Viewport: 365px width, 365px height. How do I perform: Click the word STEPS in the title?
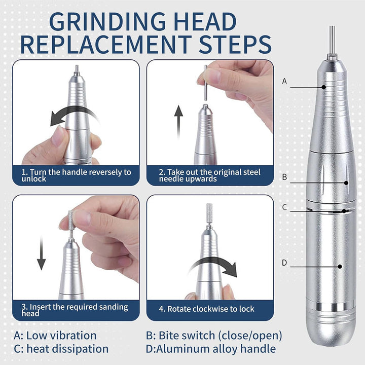click(x=235, y=44)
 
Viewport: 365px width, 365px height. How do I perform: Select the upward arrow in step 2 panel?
click(x=178, y=122)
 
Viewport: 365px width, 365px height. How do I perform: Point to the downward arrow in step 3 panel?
click(x=41, y=253)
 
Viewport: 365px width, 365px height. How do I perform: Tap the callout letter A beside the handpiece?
click(x=284, y=81)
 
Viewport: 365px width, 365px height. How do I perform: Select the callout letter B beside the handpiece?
click(x=284, y=177)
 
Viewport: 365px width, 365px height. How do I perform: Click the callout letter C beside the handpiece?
click(x=284, y=207)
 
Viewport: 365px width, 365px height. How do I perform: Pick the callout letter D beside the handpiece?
click(x=284, y=263)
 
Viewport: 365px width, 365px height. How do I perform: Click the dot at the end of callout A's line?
click(x=323, y=87)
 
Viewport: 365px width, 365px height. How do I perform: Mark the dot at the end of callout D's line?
click(x=340, y=266)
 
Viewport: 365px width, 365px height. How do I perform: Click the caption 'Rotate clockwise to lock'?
click(x=211, y=309)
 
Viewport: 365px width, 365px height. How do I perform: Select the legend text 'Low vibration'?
click(x=61, y=336)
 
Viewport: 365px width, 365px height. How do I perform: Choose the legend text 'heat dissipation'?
click(x=67, y=349)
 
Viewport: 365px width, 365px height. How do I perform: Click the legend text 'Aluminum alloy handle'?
click(x=216, y=349)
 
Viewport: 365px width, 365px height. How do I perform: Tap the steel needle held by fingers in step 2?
click(x=205, y=83)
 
